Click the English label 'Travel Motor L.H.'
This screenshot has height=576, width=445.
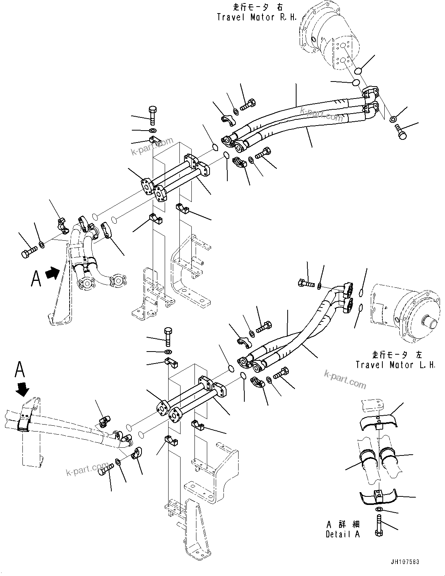point(395,365)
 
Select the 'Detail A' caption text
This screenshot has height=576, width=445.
point(343,534)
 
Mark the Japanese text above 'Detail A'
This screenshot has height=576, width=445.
point(343,524)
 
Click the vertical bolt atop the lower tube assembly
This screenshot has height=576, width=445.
point(168,336)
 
